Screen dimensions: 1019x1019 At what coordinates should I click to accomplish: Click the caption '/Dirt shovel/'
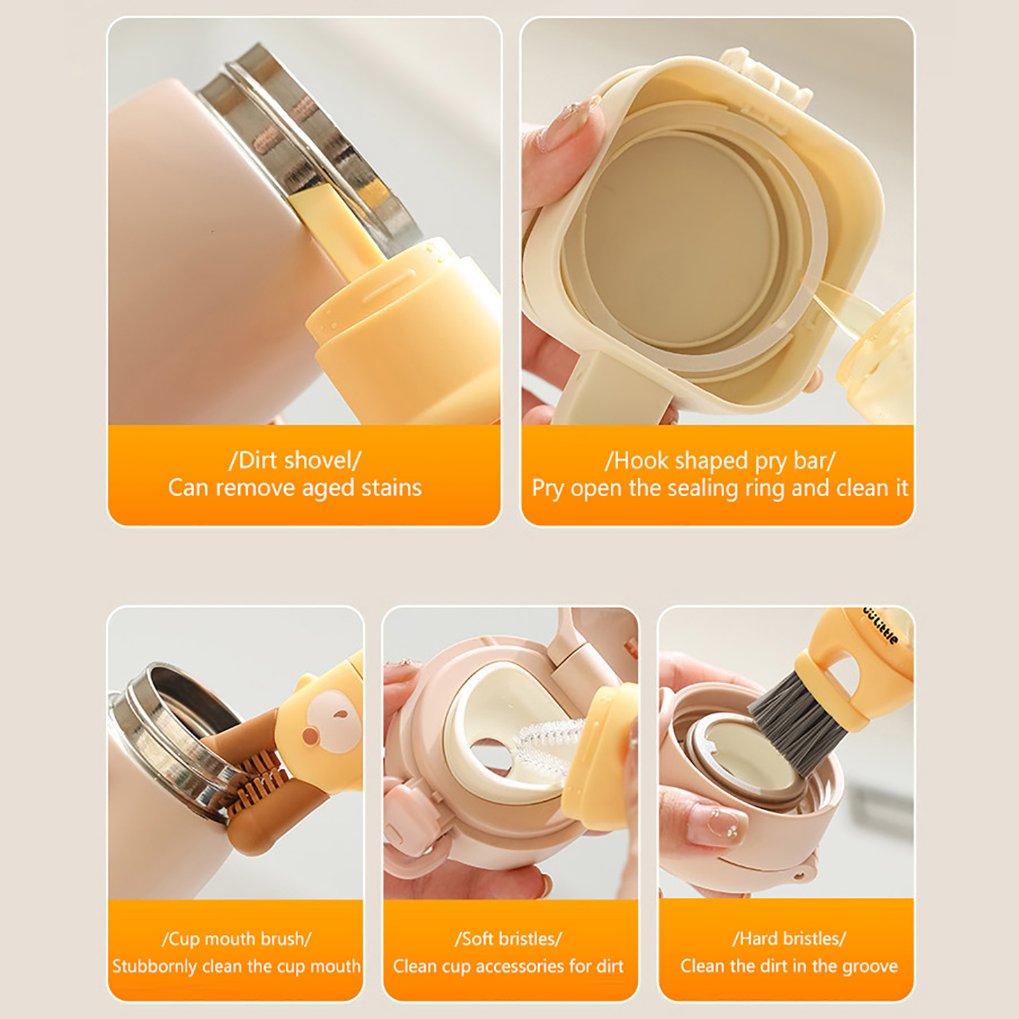tap(295, 460)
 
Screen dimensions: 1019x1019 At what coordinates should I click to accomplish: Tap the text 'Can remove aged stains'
tap(295, 488)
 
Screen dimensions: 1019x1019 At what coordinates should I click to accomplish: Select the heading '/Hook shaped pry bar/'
tap(720, 460)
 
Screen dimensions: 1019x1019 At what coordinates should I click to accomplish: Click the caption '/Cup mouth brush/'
tap(236, 939)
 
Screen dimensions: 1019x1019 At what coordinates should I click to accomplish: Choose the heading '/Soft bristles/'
tap(508, 939)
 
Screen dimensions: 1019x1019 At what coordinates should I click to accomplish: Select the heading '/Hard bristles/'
tap(789, 939)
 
